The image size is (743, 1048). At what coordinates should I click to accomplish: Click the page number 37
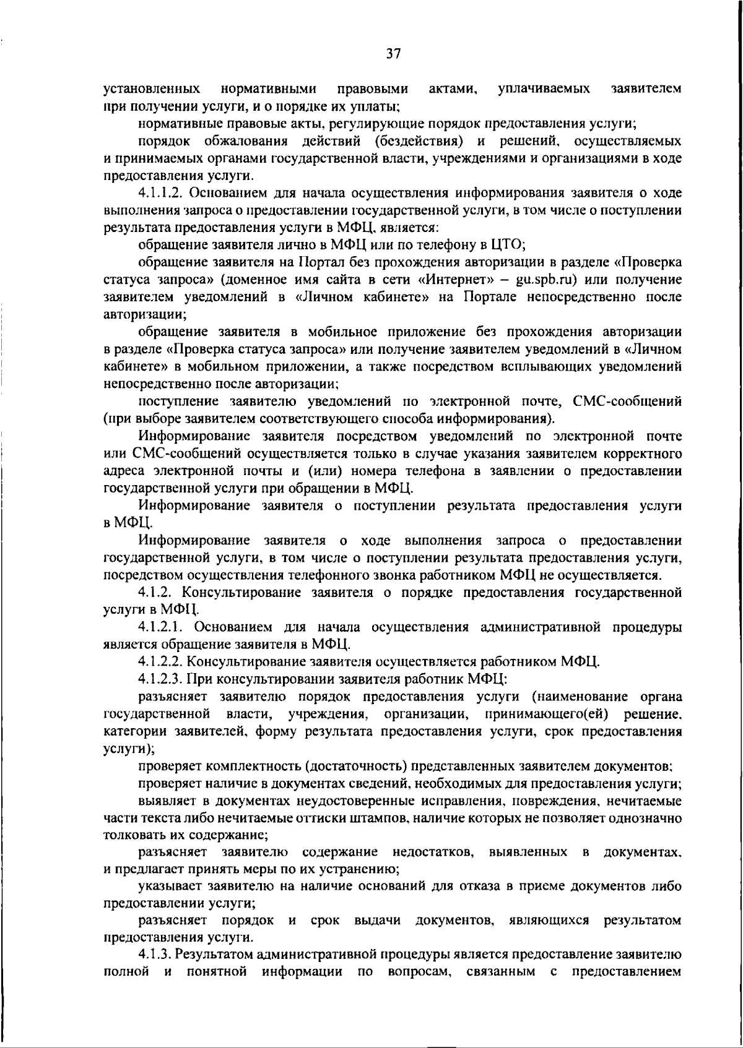tap(393, 54)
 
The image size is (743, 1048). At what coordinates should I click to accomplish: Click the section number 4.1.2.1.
tap(163, 627)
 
